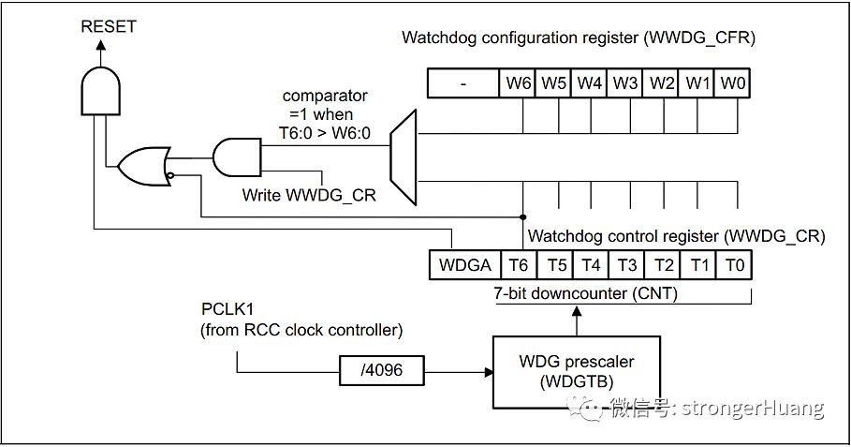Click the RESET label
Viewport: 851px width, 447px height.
coord(108,26)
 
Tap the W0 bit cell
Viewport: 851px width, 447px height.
coord(733,83)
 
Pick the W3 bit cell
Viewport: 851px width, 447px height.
coord(624,83)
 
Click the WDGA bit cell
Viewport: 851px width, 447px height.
coord(464,265)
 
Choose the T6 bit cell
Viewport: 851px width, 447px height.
coord(519,265)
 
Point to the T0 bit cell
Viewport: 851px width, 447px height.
coord(734,265)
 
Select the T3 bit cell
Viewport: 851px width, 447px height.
coord(627,265)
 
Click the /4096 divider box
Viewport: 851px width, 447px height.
coord(382,370)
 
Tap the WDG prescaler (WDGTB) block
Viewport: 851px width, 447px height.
coord(577,373)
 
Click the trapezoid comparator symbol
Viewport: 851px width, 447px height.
coord(403,157)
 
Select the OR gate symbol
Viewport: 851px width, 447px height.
coord(144,166)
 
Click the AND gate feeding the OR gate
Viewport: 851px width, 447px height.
coord(237,157)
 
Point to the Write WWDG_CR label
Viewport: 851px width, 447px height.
coord(309,194)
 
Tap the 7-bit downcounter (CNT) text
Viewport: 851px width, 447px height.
coord(586,293)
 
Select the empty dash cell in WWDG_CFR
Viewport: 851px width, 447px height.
coord(463,83)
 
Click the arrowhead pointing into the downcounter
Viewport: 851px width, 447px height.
coord(577,311)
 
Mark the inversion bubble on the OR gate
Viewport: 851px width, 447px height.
coord(170,175)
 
